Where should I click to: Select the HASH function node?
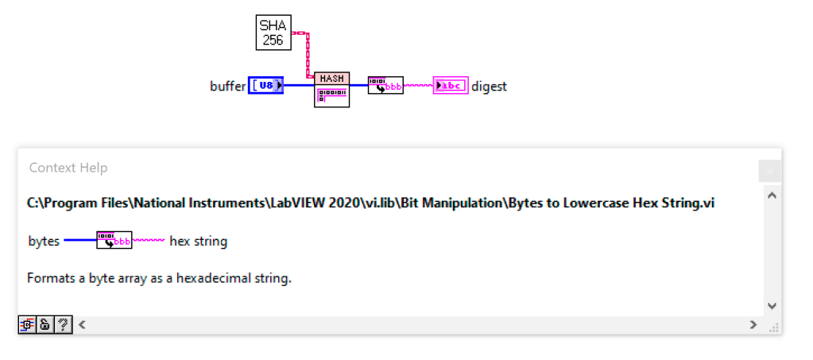click(331, 89)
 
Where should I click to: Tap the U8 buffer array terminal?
click(265, 85)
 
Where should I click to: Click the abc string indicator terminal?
click(450, 85)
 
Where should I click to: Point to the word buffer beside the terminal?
click(227, 86)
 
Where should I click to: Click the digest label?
click(489, 86)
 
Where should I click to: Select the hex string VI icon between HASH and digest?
click(385, 85)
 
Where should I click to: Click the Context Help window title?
click(68, 168)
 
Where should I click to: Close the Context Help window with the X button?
click(769, 171)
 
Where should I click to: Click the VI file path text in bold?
click(370, 203)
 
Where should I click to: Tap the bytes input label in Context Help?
click(44, 241)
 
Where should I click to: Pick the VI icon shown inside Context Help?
click(114, 240)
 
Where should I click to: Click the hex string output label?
click(198, 241)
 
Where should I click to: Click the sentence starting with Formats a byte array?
click(159, 279)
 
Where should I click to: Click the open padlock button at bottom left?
click(45, 324)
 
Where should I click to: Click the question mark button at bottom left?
click(62, 324)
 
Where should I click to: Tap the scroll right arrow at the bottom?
click(753, 324)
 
